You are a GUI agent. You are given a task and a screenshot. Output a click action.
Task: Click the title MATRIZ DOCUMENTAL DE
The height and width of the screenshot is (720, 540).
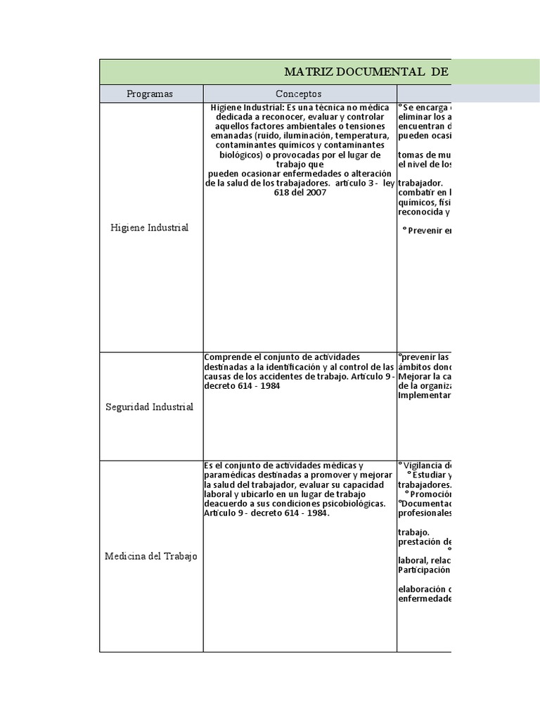366,72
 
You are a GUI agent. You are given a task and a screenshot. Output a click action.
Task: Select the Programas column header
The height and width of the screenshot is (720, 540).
150,94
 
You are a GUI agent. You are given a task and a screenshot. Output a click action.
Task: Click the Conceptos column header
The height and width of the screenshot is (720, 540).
299,94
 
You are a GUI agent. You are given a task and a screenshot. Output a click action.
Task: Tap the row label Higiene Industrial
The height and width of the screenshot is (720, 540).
150,228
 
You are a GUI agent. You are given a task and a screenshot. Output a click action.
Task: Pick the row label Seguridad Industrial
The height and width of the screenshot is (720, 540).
150,407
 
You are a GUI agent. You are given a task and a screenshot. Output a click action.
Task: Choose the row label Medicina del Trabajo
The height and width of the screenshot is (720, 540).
150,556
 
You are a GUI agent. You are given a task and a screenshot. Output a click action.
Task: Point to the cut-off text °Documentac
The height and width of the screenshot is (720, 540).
425,503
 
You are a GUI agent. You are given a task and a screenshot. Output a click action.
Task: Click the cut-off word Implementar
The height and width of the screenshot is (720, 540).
424,395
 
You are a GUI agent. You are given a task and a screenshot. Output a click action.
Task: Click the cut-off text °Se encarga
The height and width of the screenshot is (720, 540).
424,107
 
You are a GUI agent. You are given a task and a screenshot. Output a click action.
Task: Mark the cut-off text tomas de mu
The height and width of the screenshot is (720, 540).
424,155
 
